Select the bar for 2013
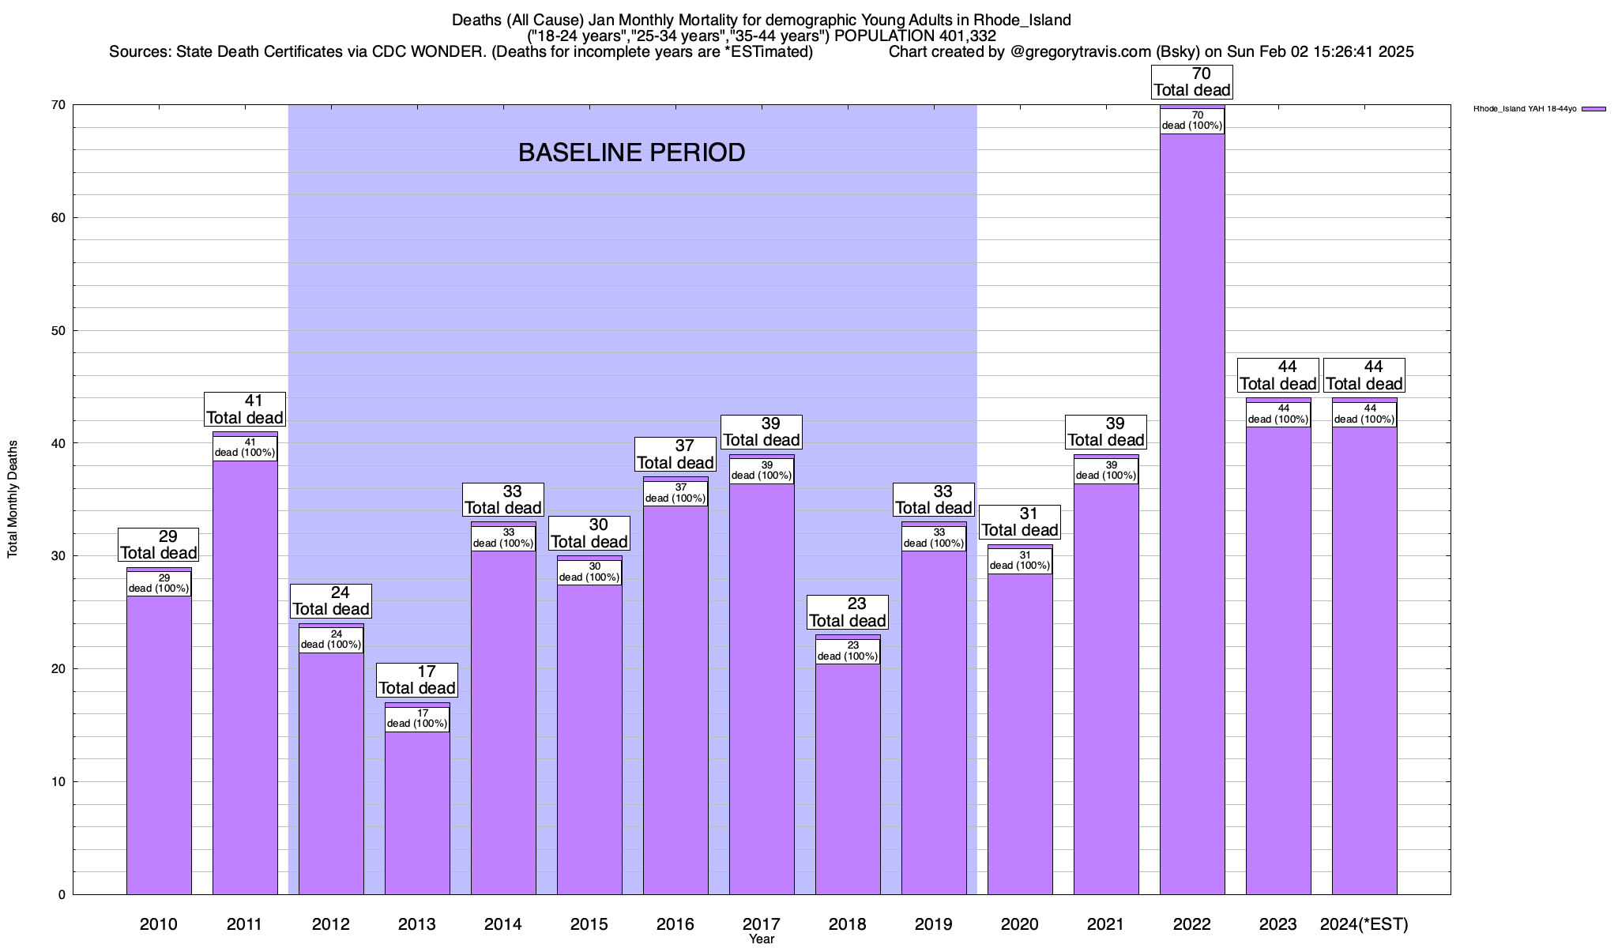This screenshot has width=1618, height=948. pyautogui.click(x=417, y=814)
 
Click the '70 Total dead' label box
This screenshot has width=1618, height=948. pyautogui.click(x=1191, y=82)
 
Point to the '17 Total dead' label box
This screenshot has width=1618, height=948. pyautogui.click(x=417, y=680)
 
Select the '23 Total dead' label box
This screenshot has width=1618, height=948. pyautogui.click(x=848, y=612)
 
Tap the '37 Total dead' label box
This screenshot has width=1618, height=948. pyautogui.click(x=675, y=454)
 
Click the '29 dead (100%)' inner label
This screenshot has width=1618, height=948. pyautogui.click(x=159, y=583)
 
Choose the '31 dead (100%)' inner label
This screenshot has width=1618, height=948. pyautogui.click(x=1020, y=561)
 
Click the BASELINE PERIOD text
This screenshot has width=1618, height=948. pyautogui.click(x=631, y=152)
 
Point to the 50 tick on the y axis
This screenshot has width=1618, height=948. pyautogui.click(x=58, y=330)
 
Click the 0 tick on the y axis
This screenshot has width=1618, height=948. pyautogui.click(x=62, y=894)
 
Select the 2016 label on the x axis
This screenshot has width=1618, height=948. pyautogui.click(x=675, y=924)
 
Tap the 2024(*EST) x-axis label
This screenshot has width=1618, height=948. pyautogui.click(x=1364, y=924)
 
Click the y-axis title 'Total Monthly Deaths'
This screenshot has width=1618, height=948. pyautogui.click(x=13, y=499)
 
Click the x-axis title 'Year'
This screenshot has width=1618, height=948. pyautogui.click(x=762, y=939)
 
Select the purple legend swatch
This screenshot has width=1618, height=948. pyautogui.click(x=1594, y=109)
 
